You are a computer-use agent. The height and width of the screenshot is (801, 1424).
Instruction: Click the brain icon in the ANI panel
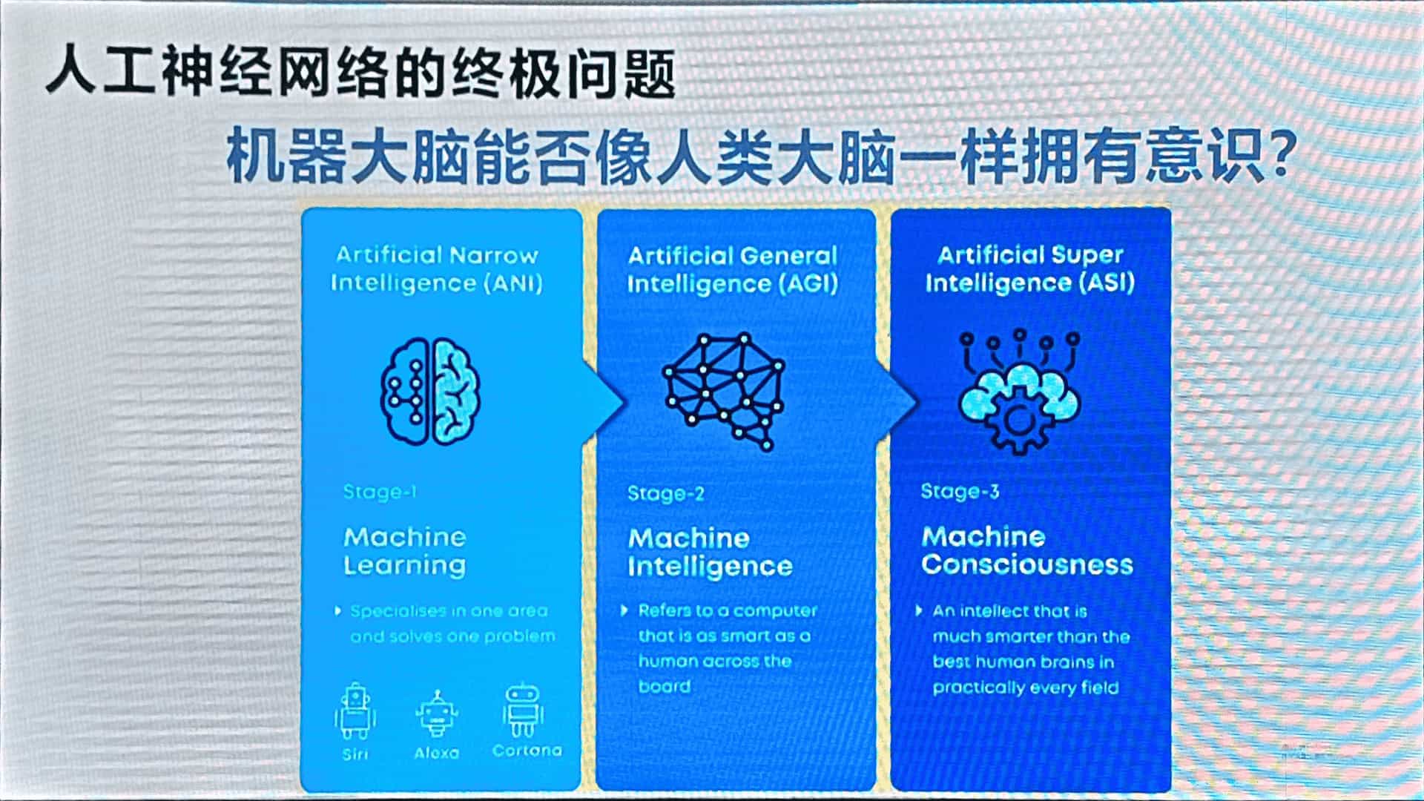pyautogui.click(x=430, y=391)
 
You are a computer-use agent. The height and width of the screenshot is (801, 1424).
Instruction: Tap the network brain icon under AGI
pyautogui.click(x=724, y=391)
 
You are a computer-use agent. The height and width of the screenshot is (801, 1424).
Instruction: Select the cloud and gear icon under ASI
pyautogui.click(x=1019, y=391)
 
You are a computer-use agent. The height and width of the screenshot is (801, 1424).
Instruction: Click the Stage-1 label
pyautogui.click(x=380, y=492)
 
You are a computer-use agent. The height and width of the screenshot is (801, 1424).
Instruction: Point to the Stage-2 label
pyautogui.click(x=665, y=494)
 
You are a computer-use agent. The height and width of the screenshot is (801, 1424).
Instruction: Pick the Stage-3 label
pyautogui.click(x=960, y=491)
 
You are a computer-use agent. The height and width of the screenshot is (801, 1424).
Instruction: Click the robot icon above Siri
pyautogui.click(x=355, y=711)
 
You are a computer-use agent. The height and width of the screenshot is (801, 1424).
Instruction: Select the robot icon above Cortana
pyautogui.click(x=524, y=710)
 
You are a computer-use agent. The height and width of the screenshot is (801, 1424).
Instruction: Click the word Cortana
pyautogui.click(x=527, y=751)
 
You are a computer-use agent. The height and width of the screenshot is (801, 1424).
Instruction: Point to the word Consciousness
pyautogui.click(x=1027, y=565)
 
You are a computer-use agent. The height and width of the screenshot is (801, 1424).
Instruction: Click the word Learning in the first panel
pyautogui.click(x=405, y=566)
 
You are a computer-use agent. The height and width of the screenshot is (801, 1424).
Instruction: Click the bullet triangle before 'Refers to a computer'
pyautogui.click(x=624, y=610)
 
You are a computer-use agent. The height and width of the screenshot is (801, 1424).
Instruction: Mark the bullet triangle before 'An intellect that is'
pyautogui.click(x=919, y=610)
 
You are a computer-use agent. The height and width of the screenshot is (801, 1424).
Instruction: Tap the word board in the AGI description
pyautogui.click(x=665, y=686)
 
